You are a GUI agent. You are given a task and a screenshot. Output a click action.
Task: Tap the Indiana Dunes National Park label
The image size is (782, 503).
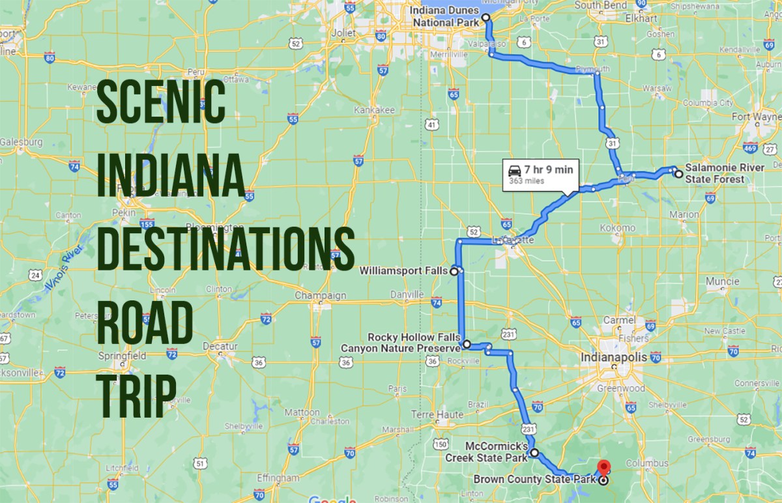[x=446, y=17]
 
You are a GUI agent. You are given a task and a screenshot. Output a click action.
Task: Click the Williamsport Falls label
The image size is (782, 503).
[x=404, y=269]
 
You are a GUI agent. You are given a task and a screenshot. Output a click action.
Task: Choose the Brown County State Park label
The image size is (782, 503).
[x=534, y=481]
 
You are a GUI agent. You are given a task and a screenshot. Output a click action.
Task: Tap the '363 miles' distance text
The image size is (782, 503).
[x=527, y=180]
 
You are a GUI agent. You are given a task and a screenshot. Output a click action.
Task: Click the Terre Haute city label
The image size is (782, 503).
[x=437, y=414]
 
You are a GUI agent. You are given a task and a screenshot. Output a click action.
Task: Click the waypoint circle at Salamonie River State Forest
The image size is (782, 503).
[x=678, y=173]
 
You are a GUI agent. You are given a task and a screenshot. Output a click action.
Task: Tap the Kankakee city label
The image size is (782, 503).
[x=374, y=111]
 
